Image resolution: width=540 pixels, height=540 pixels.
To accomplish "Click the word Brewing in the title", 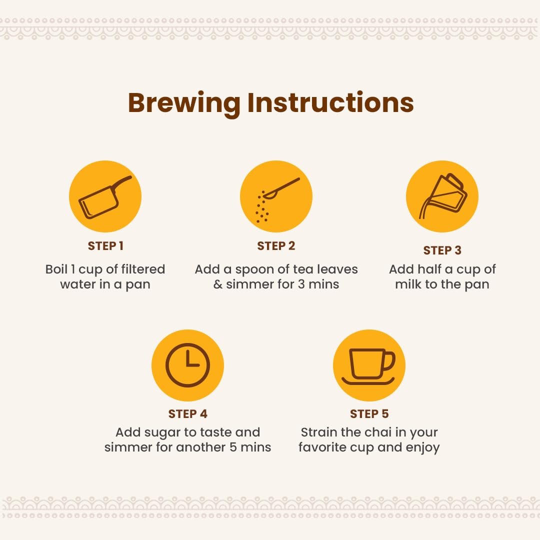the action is click(184, 103).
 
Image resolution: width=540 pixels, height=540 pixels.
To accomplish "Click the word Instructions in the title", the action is click(330, 102).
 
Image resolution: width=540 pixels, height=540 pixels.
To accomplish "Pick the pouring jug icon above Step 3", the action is click(442, 196).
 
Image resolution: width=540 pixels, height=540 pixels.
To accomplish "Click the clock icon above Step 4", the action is click(187, 365).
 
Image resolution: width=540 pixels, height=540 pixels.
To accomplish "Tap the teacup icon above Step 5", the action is click(369, 365).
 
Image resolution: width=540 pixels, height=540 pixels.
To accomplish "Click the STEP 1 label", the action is click(105, 246).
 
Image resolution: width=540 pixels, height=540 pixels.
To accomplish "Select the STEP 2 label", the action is click(276, 246).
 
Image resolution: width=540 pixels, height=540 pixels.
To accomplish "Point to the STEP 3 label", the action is click(442, 250).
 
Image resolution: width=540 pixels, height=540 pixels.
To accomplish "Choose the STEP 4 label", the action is click(187, 413).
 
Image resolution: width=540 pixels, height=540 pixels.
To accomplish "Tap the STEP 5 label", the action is click(369, 413).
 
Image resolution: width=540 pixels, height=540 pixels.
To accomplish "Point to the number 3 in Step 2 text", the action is click(301, 284).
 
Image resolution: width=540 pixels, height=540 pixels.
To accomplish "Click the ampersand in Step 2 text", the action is click(218, 284).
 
